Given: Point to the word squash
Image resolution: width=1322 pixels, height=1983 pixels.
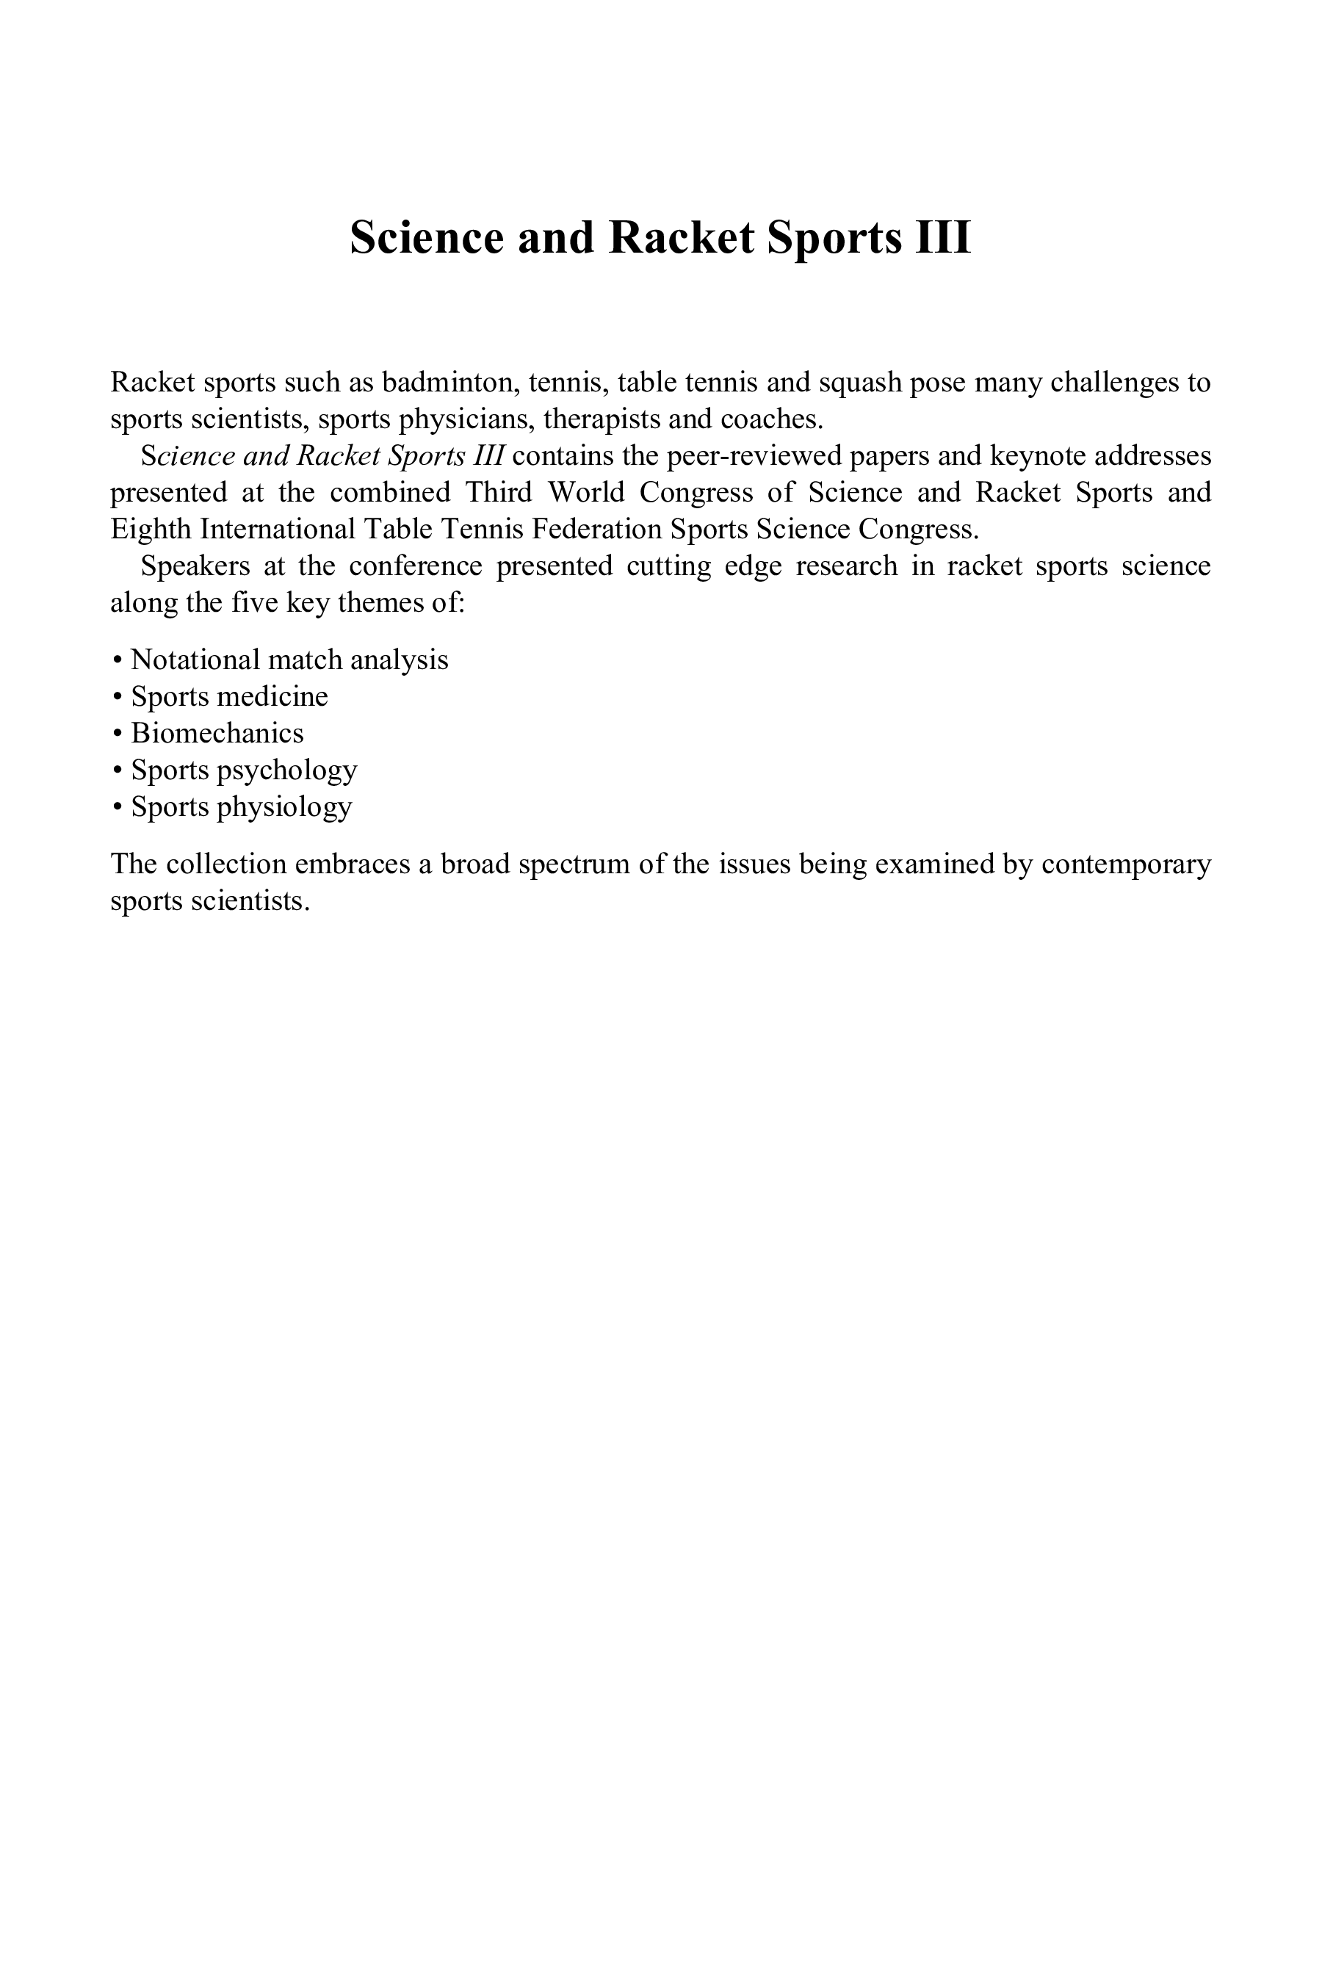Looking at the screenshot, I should (x=860, y=383).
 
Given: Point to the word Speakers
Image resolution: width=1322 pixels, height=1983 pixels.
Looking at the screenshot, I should (x=195, y=566).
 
